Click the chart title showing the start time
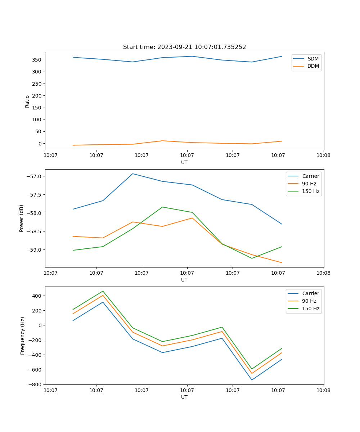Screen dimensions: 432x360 (x=184, y=47)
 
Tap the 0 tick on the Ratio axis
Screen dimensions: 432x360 (x=40, y=144)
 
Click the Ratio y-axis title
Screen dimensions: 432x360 (x=27, y=102)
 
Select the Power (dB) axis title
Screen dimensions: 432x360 (x=22, y=218)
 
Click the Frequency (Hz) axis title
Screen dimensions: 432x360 (x=22, y=336)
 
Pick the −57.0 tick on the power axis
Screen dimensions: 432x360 (x=34, y=176)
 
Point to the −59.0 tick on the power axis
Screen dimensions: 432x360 (x=34, y=250)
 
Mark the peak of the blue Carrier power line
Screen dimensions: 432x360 (x=132, y=174)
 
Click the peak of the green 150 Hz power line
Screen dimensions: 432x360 (x=162, y=207)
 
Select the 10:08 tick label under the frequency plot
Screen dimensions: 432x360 (x=323, y=390)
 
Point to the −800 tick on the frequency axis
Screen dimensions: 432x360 (x=36, y=384)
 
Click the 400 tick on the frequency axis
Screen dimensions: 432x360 (x=37, y=296)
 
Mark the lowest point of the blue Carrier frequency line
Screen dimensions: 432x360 (x=252, y=380)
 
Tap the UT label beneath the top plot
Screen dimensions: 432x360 (x=184, y=162)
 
